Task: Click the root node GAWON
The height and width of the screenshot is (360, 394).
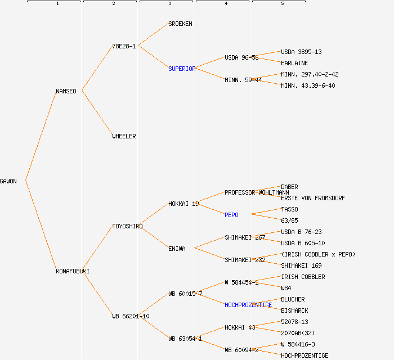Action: click(8, 181)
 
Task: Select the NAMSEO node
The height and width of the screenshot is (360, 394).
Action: click(66, 91)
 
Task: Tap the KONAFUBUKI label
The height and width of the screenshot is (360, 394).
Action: click(73, 271)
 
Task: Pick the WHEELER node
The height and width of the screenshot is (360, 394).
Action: click(124, 136)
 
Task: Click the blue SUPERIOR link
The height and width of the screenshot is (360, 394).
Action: click(182, 69)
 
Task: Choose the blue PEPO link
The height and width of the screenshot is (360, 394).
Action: click(231, 215)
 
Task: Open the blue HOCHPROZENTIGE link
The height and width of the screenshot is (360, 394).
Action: click(248, 305)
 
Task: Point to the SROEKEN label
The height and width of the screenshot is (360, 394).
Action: click(180, 24)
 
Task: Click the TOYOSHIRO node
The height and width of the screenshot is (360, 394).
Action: click(127, 226)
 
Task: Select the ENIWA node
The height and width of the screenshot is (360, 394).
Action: click(177, 249)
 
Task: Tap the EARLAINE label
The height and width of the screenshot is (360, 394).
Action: click(294, 63)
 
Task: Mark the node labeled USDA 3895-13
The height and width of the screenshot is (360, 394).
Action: click(301, 52)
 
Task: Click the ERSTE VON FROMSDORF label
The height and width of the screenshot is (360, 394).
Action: click(313, 198)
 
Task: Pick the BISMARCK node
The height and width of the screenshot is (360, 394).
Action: click(294, 310)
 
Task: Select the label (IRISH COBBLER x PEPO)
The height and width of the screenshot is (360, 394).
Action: click(318, 254)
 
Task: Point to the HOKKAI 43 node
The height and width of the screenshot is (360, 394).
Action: click(240, 327)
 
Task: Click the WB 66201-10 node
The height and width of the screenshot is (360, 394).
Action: click(131, 316)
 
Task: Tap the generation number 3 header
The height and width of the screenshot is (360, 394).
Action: click(169, 4)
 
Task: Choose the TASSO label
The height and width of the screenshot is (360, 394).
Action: click(289, 209)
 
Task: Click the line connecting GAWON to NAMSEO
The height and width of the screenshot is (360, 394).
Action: click(41, 136)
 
